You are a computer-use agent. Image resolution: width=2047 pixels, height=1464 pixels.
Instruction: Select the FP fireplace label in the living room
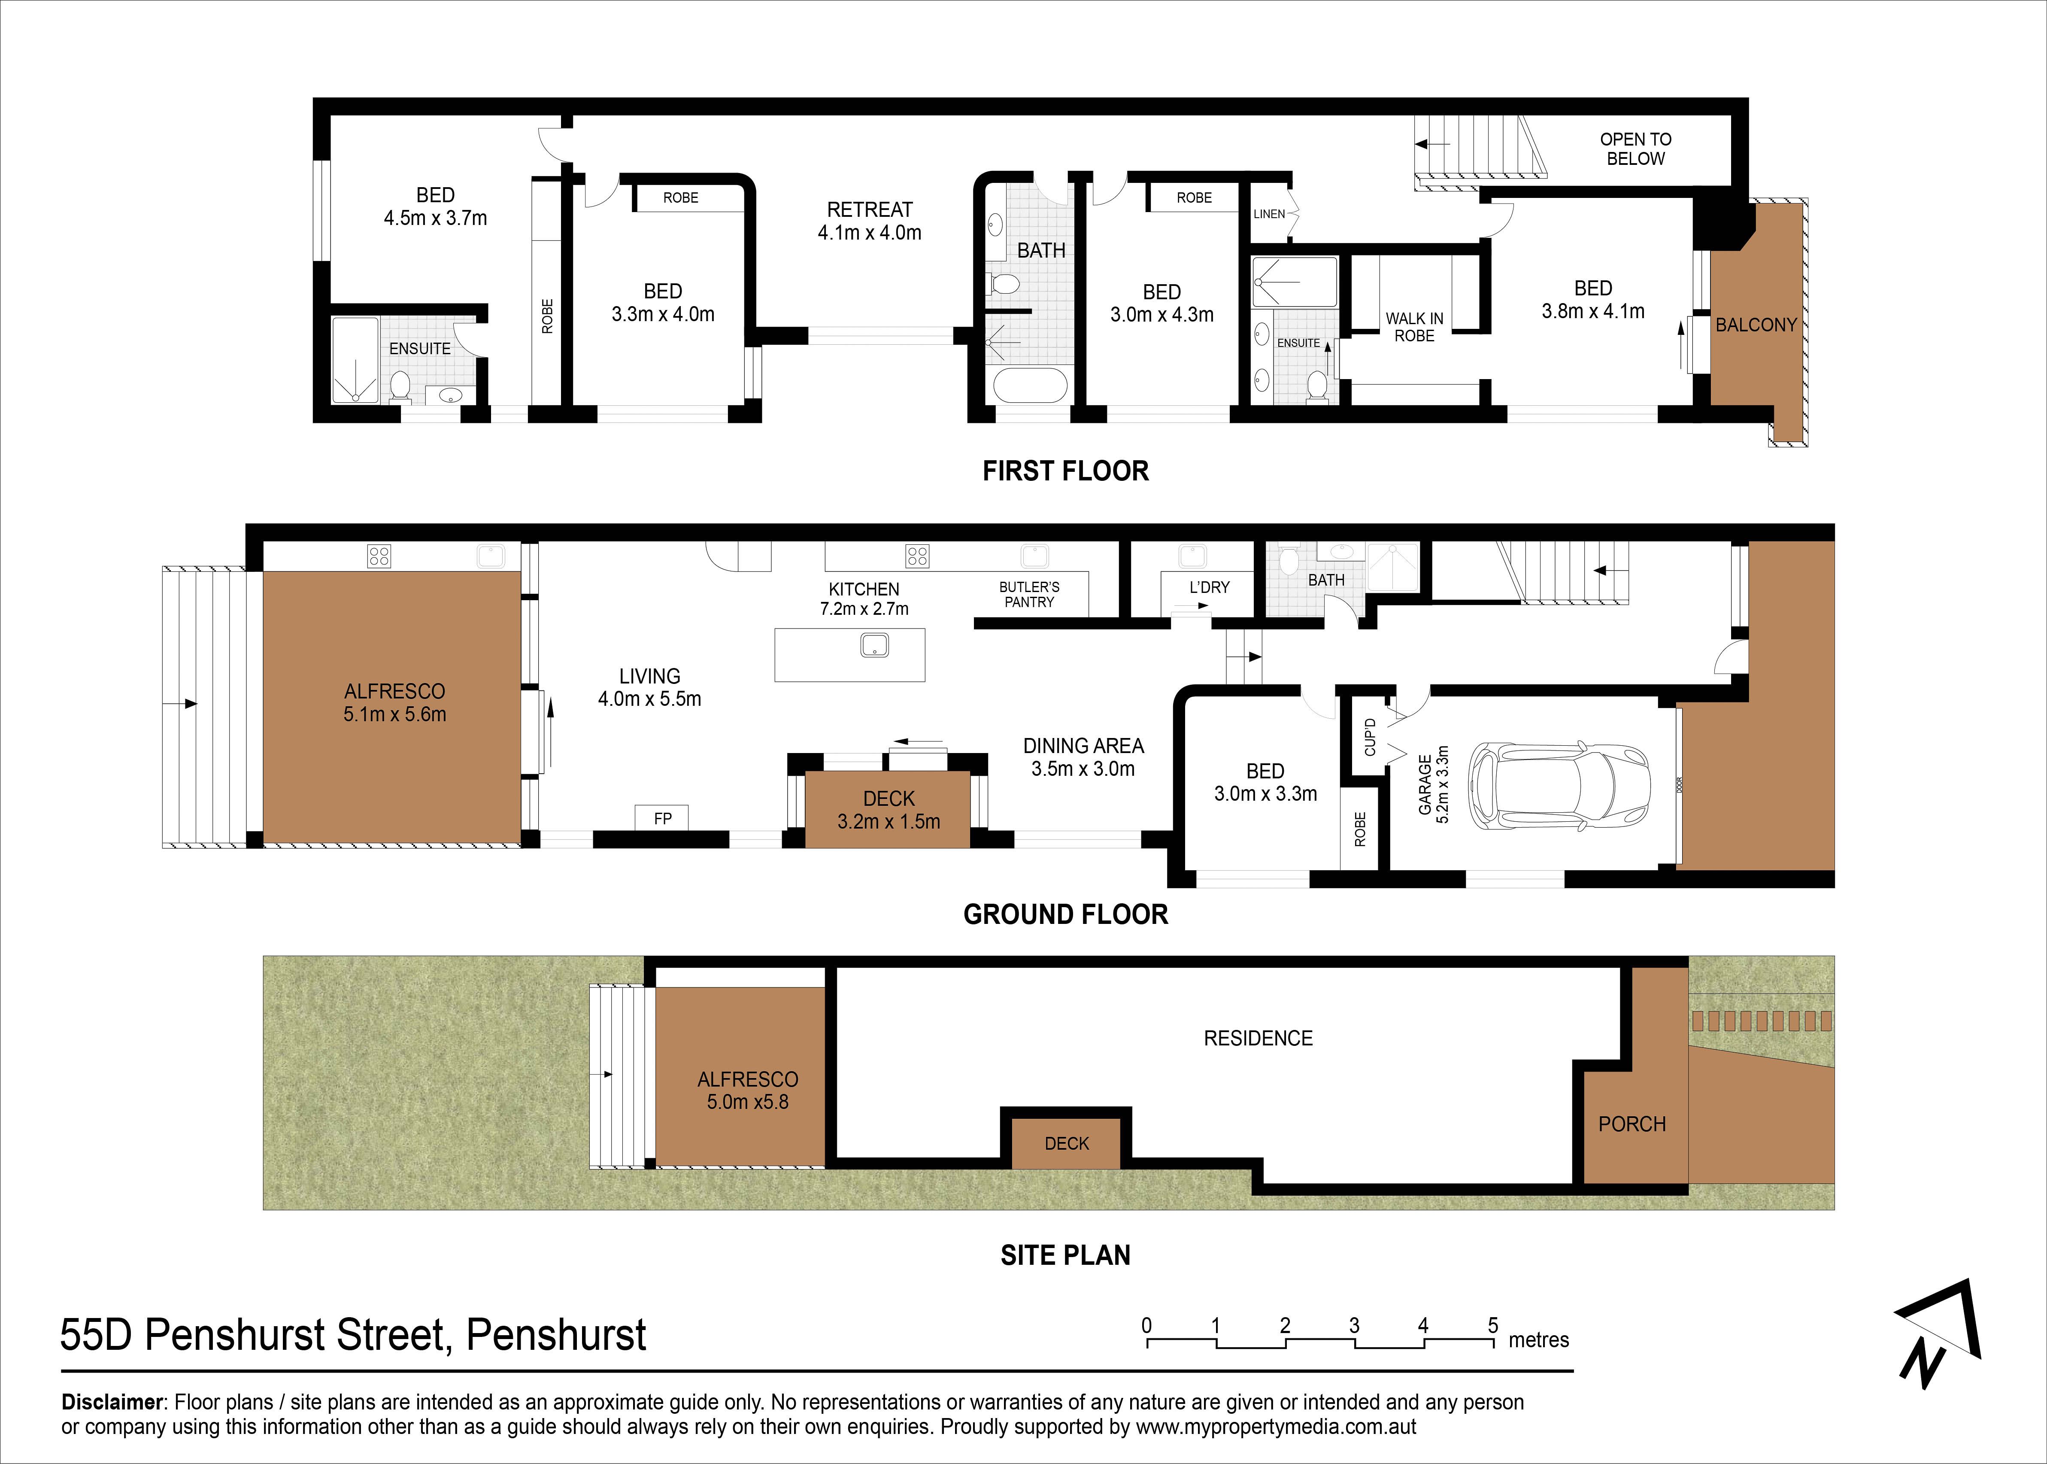click(x=662, y=819)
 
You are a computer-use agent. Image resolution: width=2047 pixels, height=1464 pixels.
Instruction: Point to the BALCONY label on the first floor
click(x=1756, y=325)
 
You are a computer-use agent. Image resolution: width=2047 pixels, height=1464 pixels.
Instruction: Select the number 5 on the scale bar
click(x=1493, y=1325)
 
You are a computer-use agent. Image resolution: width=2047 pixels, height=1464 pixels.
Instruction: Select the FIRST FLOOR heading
click(x=1065, y=471)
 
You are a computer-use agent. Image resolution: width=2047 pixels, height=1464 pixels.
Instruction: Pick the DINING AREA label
click(x=1083, y=745)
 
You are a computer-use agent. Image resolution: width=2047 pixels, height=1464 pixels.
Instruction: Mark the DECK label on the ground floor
click(x=889, y=799)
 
